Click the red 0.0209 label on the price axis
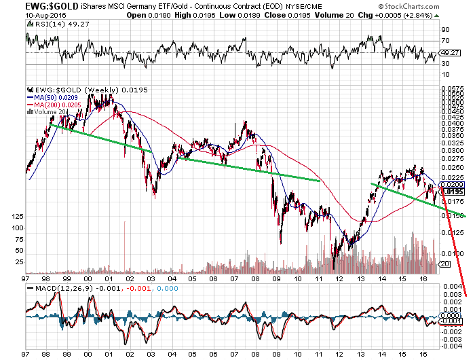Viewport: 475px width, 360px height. coord(451,185)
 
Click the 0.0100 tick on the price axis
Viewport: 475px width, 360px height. coord(451,253)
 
